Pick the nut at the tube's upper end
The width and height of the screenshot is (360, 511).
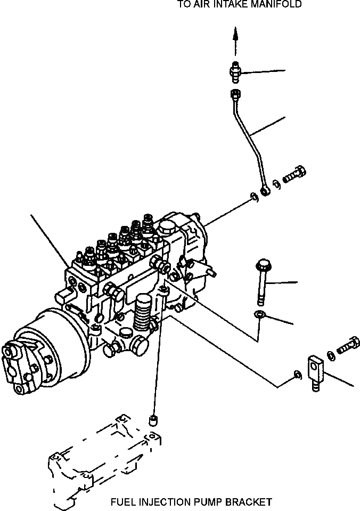coord(234,95)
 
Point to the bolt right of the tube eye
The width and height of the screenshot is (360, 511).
coord(294,174)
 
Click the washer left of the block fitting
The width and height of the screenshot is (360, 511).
coord(298,377)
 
